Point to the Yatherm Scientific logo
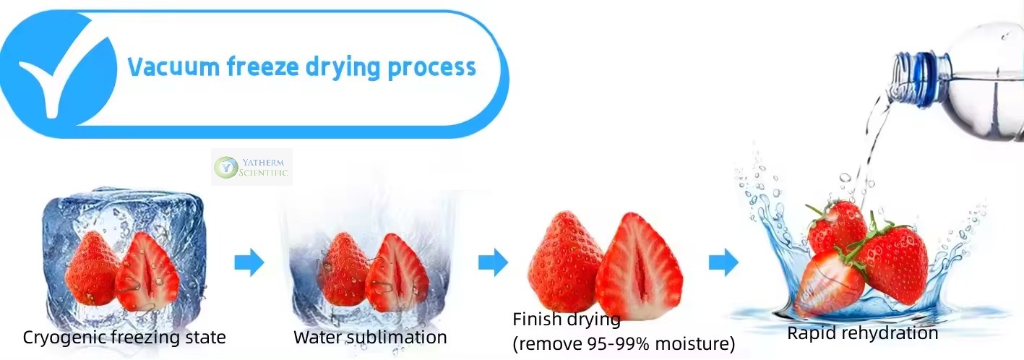point(251,167)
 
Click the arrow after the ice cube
point(249,262)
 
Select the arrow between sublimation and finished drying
point(494,262)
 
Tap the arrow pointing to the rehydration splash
point(723,262)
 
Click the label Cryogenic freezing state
point(124,338)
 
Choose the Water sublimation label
point(370,337)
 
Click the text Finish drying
point(567,320)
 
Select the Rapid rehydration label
point(863,333)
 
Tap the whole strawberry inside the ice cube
point(92,268)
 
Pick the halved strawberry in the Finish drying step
point(639,266)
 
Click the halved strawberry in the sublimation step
point(397,273)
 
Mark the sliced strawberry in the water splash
point(830,283)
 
